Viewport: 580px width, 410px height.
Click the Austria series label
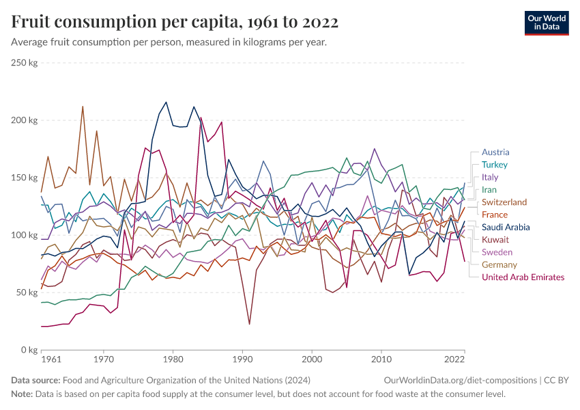tap(495, 152)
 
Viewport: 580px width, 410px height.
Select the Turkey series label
tap(495, 165)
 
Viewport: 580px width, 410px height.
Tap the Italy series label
tap(490, 177)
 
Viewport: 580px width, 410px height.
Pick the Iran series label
tap(489, 190)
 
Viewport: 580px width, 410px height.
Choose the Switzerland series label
tap(504, 202)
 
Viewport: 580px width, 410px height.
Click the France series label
tap(495, 215)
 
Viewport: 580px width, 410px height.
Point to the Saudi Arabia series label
tap(506, 228)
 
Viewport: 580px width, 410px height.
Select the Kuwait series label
tap(495, 240)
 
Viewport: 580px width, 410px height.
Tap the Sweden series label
tap(496, 252)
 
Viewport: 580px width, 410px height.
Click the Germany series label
tap(499, 264)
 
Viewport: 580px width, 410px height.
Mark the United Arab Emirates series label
tap(523, 277)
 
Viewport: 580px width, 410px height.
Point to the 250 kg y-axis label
tap(24, 63)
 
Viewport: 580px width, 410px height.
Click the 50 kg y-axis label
tap(27, 292)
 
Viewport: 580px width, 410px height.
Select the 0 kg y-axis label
tap(29, 350)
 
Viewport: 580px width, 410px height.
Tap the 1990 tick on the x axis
tap(242, 359)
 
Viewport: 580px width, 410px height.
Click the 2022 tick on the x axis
tap(454, 359)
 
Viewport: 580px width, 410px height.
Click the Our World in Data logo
tap(546, 23)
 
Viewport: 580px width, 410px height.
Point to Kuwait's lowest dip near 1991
tap(249, 323)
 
